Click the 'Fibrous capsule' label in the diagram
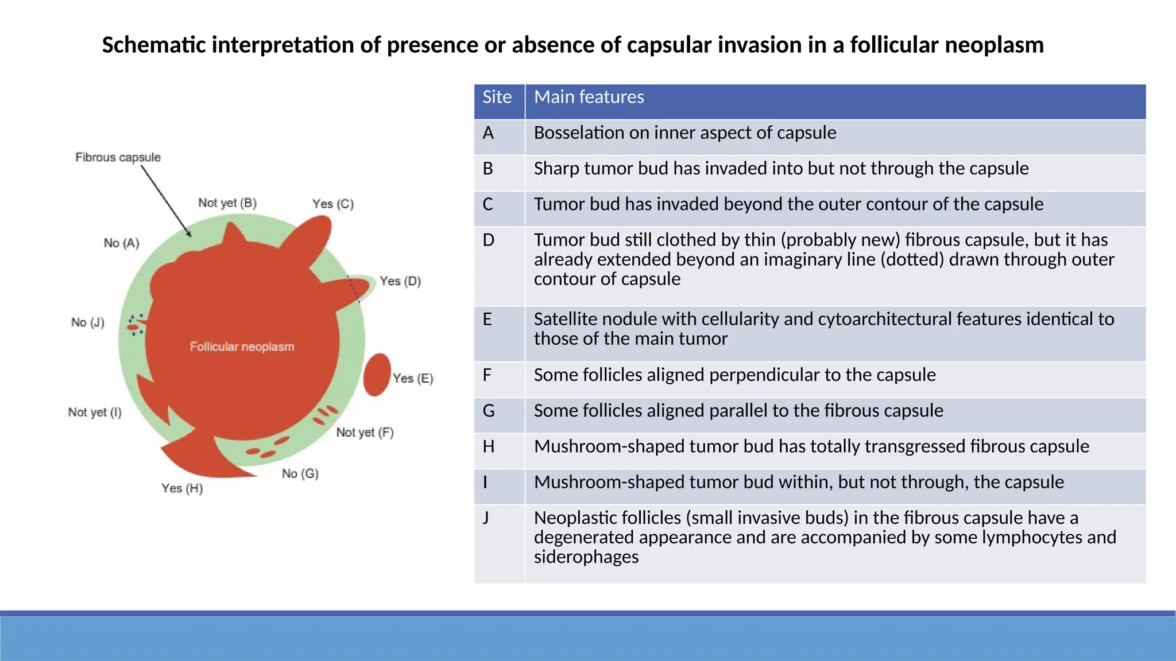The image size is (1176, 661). point(118,157)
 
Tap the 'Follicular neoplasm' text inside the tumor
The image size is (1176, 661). point(242,347)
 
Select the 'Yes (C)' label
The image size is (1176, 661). point(333,204)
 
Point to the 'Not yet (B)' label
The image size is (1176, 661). point(227,203)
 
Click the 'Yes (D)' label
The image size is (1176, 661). point(400,281)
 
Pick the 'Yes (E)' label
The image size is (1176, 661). point(413,378)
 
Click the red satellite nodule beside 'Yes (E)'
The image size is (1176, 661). point(377,375)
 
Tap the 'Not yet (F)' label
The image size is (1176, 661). point(365,432)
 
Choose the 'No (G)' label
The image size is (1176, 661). point(300,473)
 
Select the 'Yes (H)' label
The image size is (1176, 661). point(182,488)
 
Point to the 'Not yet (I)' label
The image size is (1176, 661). point(95,412)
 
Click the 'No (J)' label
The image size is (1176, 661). point(88,322)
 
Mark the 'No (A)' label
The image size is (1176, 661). point(121,243)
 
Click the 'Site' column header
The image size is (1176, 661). point(497,97)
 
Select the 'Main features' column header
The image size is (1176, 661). point(589,97)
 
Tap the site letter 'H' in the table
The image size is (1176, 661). point(489,446)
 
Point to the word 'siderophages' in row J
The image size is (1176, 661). point(586,557)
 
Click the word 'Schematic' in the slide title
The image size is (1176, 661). point(153,45)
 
